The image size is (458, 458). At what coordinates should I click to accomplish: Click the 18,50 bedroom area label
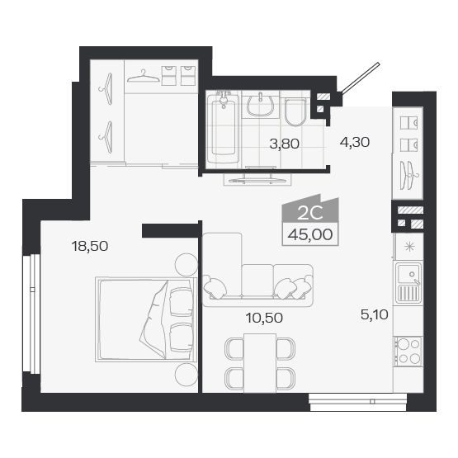coord(91,245)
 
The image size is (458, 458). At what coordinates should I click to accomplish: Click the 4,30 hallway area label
coord(354,141)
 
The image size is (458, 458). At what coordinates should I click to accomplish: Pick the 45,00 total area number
coord(309,234)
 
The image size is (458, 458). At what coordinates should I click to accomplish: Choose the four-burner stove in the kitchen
coord(408,351)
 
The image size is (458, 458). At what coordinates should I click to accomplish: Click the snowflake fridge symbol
coord(408,246)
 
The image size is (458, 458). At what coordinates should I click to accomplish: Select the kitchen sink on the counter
coord(407,283)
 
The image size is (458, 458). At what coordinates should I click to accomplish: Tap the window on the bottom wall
coord(358,402)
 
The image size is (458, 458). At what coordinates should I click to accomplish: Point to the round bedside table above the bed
coord(182,267)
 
